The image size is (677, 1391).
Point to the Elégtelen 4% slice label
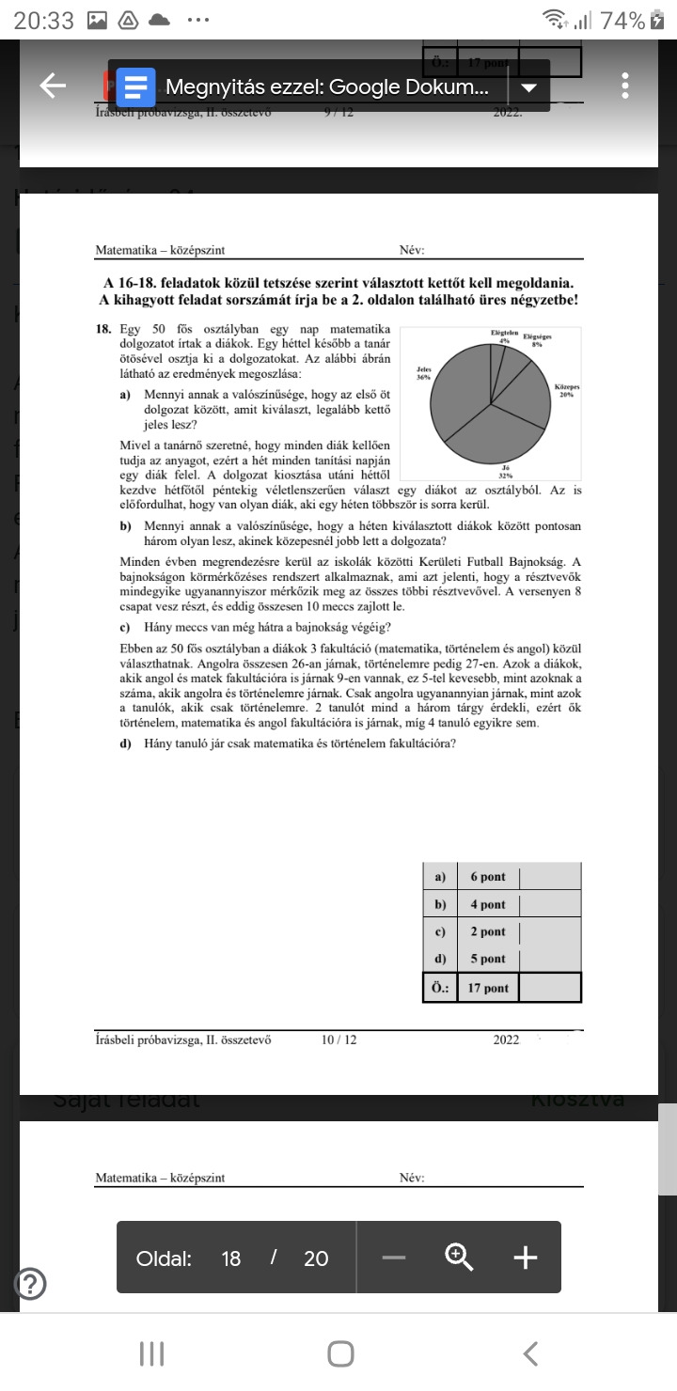(505, 336)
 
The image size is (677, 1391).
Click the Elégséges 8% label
(537, 340)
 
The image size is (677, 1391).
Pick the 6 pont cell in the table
(487, 877)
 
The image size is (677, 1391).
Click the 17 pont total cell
(487, 988)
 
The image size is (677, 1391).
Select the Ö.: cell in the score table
(440, 988)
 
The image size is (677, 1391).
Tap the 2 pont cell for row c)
(487, 931)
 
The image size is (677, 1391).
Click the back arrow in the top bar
(53, 86)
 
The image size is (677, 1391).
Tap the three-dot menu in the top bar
(624, 86)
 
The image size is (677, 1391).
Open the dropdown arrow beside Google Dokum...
(528, 87)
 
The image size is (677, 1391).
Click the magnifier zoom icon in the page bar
(459, 1258)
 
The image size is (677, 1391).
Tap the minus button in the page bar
(395, 1258)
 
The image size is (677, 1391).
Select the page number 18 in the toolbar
(231, 1258)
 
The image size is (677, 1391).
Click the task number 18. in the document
(103, 330)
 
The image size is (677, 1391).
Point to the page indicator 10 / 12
(338, 1040)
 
